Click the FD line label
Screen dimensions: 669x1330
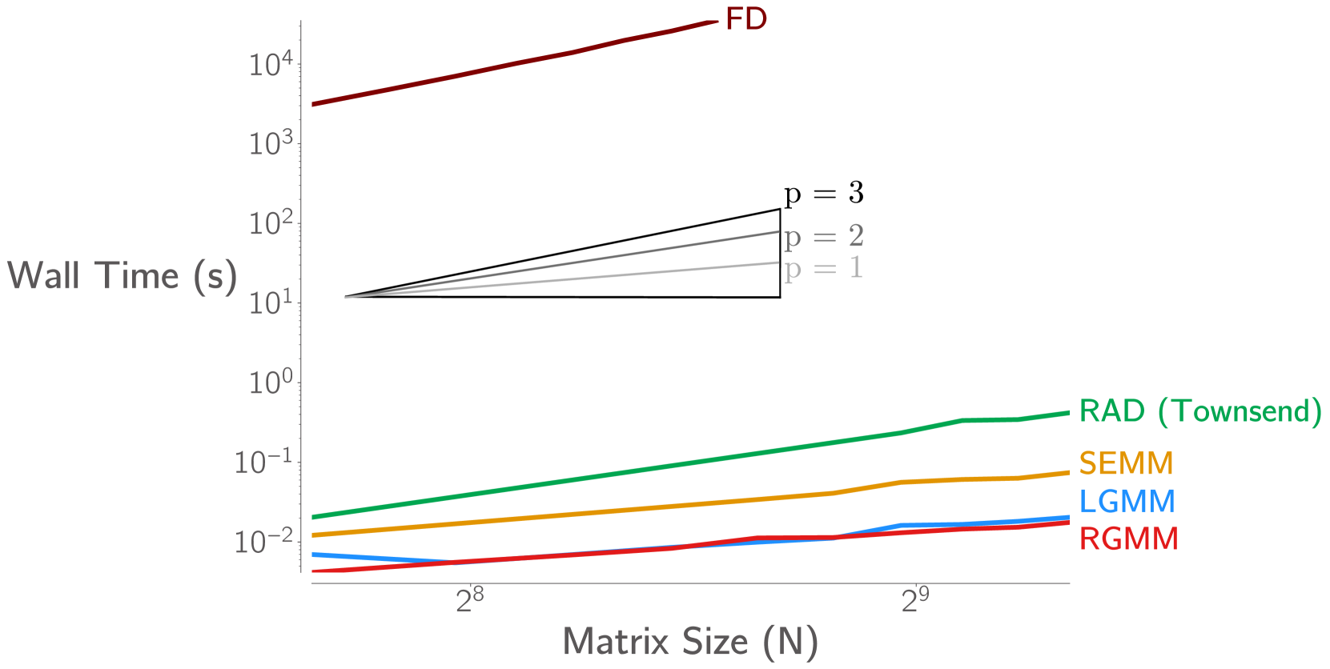pos(745,19)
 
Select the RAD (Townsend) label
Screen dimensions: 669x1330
pos(1199,411)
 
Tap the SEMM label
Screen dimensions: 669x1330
pos(1126,463)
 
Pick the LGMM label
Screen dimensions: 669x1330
pos(1127,502)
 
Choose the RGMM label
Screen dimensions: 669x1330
pos(1128,539)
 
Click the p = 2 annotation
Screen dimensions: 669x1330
pos(823,236)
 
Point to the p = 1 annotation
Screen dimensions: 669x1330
pos(823,268)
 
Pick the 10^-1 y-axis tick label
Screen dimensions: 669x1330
pos(263,463)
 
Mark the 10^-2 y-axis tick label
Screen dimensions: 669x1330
pos(263,542)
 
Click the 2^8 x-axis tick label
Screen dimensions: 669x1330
pos(469,600)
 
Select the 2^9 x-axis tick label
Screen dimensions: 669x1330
pos(915,600)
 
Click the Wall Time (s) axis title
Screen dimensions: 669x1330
pos(122,276)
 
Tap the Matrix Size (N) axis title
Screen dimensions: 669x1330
pos(690,642)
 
